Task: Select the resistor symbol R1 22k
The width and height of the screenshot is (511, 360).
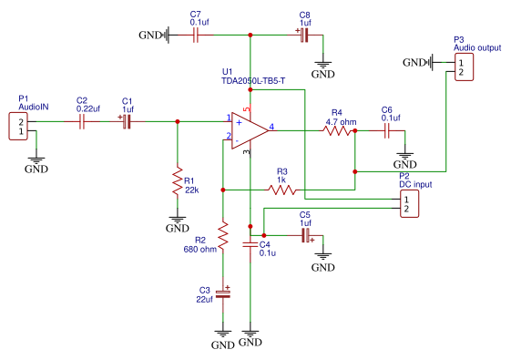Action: point(178,184)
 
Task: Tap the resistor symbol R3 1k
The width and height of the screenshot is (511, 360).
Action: point(281,190)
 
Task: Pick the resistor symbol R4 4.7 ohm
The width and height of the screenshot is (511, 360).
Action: point(337,130)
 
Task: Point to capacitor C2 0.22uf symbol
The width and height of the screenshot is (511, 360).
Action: point(82,121)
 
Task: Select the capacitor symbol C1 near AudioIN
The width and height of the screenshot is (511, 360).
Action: point(127,121)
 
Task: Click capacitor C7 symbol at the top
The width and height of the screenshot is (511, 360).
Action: point(196,36)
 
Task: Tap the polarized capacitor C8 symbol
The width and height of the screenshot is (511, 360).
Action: point(303,36)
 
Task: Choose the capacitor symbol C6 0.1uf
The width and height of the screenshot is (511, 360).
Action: point(387,130)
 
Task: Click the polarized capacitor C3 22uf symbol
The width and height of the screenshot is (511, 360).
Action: point(221,294)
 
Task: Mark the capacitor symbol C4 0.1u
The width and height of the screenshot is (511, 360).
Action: point(249,244)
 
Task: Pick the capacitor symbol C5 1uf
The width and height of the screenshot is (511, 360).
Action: point(306,236)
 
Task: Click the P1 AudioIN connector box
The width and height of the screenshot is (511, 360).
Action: point(16,126)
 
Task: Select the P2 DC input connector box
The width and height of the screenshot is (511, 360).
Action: point(405,203)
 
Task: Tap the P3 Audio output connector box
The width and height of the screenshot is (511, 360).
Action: point(463,67)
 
